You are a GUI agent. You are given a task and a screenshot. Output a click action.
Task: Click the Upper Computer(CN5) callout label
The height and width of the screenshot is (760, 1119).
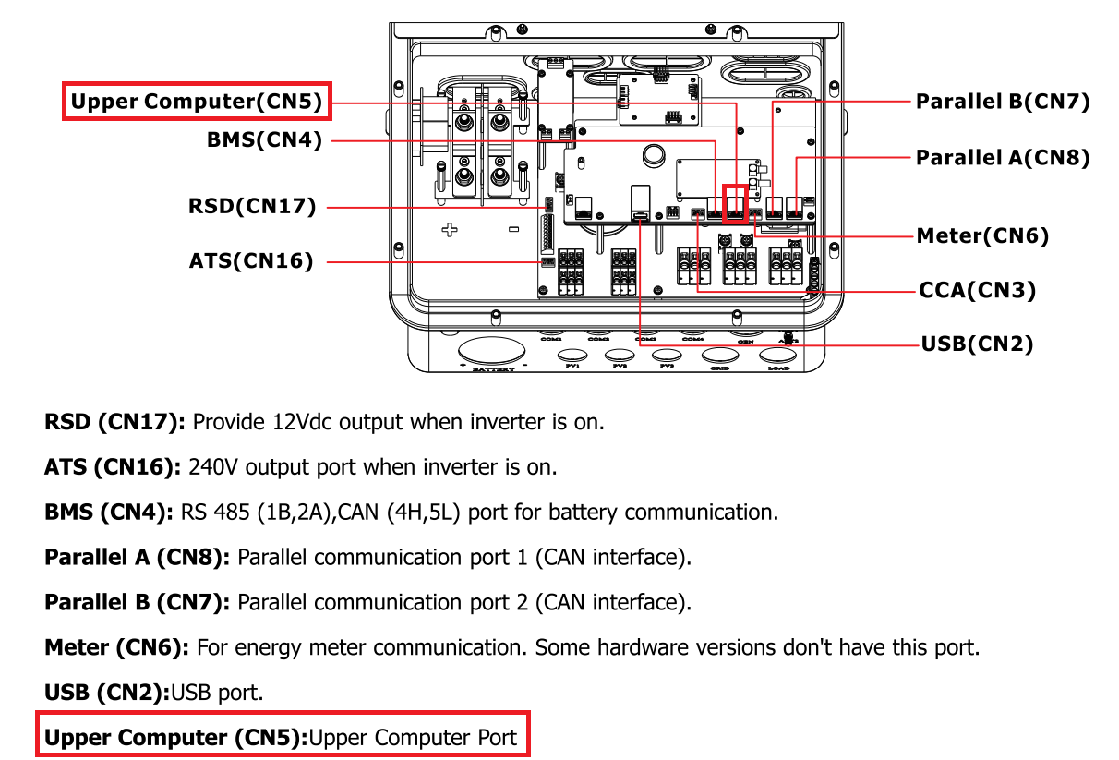coord(197,102)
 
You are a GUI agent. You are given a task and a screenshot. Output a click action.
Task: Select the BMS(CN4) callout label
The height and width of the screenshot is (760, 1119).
coord(264,140)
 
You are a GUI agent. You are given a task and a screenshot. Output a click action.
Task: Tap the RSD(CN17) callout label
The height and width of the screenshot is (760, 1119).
coord(252,207)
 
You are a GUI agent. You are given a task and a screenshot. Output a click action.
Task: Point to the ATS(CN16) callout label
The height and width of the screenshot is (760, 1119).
coord(251,261)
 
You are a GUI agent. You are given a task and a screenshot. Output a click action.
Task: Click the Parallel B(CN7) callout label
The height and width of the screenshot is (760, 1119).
coord(1003,102)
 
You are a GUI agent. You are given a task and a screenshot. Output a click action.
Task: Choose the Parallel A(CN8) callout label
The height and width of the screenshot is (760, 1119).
coord(1003,158)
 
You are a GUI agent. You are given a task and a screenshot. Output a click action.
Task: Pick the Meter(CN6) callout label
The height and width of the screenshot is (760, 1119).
coord(982,236)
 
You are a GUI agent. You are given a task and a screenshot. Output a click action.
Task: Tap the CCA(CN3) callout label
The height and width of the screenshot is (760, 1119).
coord(978,291)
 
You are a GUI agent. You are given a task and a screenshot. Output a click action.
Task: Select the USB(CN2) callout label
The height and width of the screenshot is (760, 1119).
coord(977,344)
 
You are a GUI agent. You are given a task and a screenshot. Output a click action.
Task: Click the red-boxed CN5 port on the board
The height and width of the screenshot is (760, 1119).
coord(736,203)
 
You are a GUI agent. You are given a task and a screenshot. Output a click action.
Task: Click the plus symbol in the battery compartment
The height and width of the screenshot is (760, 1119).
coord(450,229)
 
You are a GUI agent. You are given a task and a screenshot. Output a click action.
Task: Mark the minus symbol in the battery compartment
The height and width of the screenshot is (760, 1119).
coord(513,229)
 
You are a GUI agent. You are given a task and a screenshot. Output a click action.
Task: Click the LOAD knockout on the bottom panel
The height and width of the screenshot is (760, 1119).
coord(778,356)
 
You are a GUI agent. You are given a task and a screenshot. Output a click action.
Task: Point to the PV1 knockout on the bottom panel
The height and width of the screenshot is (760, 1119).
coord(572,356)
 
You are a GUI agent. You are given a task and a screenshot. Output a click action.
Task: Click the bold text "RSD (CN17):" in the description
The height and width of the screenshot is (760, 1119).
coord(115,423)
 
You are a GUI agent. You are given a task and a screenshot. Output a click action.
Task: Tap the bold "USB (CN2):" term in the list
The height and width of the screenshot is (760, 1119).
coord(107,692)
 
